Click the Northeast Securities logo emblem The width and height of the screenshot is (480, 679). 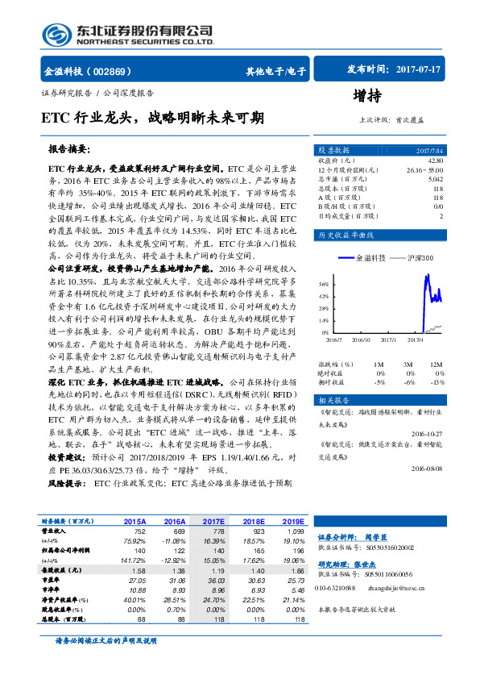pyautogui.click(x=54, y=35)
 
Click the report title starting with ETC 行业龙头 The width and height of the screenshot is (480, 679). pyautogui.click(x=152, y=118)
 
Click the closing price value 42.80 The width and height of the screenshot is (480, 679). pyautogui.click(x=436, y=161)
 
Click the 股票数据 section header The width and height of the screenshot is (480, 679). pyautogui.click(x=333, y=151)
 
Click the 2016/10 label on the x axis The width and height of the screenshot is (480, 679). pyautogui.click(x=361, y=339)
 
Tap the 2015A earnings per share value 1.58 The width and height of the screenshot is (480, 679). pyautogui.click(x=138, y=570)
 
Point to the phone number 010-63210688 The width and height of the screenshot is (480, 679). pyautogui.click(x=337, y=586)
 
